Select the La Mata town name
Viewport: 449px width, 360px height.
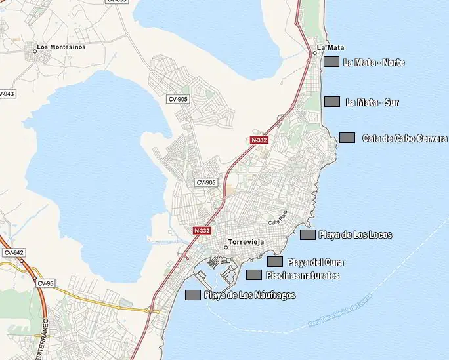tap(330, 47)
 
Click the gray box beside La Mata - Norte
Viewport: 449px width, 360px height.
tap(331, 62)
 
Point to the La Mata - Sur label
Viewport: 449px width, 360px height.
tap(372, 102)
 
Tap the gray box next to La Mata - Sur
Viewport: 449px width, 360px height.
tap(332, 102)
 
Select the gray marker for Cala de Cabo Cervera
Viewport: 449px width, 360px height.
tap(347, 138)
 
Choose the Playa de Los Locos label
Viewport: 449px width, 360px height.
tap(355, 235)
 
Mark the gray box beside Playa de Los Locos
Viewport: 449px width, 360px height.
tap(308, 234)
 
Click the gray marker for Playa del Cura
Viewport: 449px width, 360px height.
tap(275, 262)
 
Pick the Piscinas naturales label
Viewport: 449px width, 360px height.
tap(303, 275)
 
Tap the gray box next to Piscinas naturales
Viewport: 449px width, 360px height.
tap(254, 275)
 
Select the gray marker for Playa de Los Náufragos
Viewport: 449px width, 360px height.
tap(193, 295)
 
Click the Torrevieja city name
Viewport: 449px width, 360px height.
tap(245, 243)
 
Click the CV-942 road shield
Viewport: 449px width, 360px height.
tap(13, 252)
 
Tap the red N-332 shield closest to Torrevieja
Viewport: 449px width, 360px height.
tap(202, 231)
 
